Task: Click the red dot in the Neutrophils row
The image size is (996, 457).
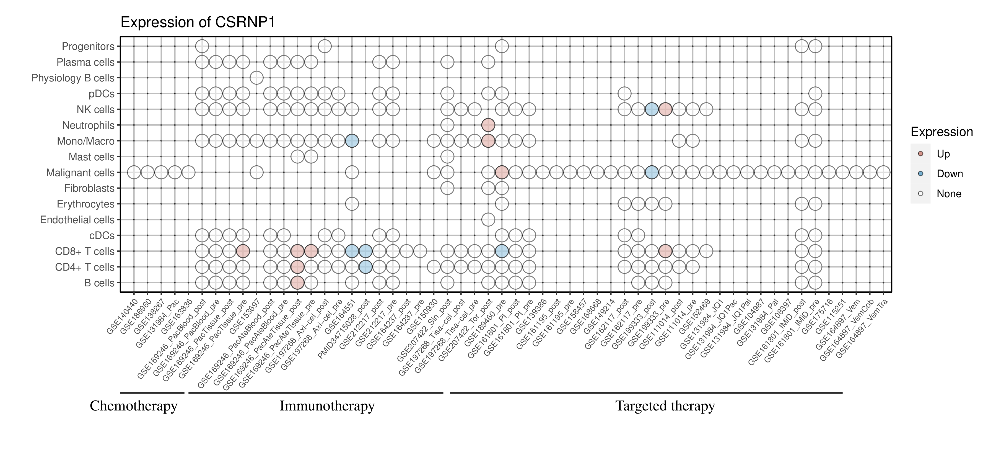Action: click(488, 125)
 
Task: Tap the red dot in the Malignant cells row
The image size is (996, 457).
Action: click(502, 172)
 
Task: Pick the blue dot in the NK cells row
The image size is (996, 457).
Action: click(652, 109)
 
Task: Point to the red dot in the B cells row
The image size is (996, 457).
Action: click(297, 283)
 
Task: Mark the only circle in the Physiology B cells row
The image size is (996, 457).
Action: click(256, 78)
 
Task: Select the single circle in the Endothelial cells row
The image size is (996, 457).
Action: click(488, 220)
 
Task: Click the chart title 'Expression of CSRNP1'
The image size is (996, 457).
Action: click(198, 22)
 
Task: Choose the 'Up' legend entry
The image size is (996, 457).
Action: click(943, 154)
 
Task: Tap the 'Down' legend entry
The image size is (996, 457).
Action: click(949, 174)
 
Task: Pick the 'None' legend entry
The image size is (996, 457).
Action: click(948, 194)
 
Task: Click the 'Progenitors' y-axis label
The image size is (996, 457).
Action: click(88, 47)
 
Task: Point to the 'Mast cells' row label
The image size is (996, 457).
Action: click(91, 157)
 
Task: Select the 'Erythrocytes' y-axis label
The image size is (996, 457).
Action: click(85, 204)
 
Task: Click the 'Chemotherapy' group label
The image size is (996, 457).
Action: click(133, 406)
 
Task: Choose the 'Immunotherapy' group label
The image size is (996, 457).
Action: click(327, 406)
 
